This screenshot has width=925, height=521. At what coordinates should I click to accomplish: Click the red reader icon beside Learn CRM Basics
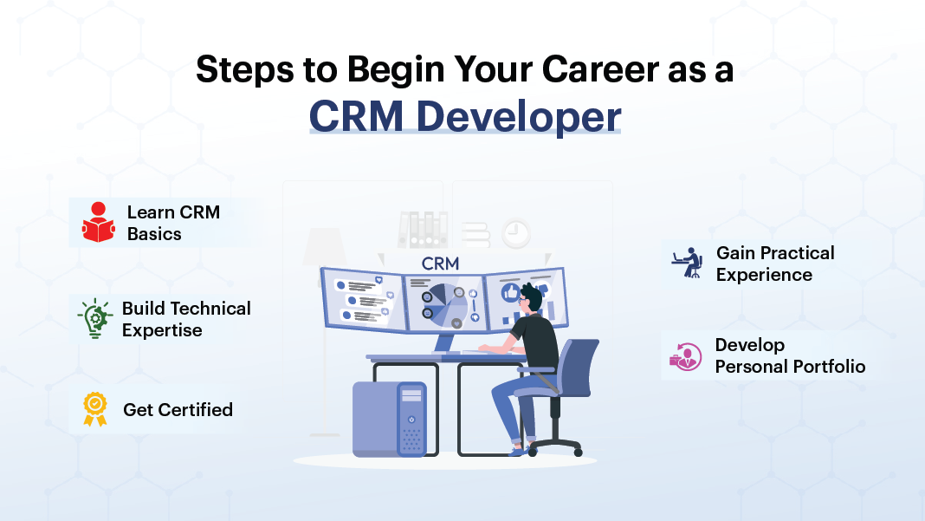click(99, 222)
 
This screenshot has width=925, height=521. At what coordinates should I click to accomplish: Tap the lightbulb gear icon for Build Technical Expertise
click(95, 318)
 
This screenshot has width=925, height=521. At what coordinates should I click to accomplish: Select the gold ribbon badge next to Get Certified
click(95, 409)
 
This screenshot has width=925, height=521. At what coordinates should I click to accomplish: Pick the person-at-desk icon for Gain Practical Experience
click(688, 263)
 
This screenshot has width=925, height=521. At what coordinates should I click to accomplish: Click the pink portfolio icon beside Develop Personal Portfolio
click(685, 356)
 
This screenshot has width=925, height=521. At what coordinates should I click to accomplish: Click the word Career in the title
click(600, 69)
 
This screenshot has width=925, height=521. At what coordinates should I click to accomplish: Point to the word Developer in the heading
click(519, 116)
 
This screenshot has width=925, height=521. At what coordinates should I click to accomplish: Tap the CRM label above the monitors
click(440, 264)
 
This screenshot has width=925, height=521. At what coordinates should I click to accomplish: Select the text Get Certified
click(178, 409)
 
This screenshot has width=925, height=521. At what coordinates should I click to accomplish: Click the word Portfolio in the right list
click(828, 366)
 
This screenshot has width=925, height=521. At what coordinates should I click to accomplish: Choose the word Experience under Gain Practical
click(764, 275)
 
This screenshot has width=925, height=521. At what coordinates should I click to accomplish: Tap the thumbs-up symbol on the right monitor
click(509, 292)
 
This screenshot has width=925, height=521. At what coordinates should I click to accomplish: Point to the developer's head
click(531, 297)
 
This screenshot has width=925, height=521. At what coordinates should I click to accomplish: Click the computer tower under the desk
click(390, 419)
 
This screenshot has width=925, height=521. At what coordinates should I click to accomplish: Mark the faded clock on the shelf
click(516, 233)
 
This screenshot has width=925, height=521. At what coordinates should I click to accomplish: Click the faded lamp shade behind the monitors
click(325, 245)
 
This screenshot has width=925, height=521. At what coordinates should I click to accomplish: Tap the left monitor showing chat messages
click(363, 299)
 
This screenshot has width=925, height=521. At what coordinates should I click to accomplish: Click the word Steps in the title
click(245, 70)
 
